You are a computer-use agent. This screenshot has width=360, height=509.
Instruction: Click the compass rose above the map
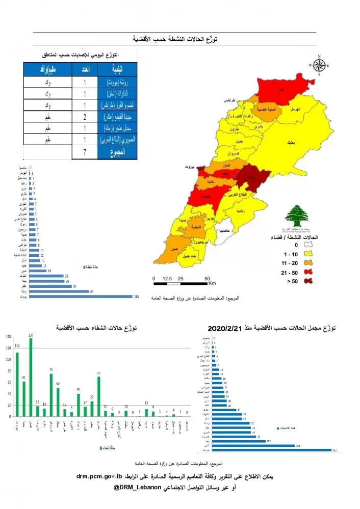(319, 65)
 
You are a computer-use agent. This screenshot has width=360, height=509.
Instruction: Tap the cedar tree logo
(296, 217)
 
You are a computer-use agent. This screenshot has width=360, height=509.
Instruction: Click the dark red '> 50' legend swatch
(308, 280)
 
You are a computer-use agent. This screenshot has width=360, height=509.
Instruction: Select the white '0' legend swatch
(308, 245)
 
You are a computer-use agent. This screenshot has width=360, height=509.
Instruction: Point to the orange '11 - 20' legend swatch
(308, 262)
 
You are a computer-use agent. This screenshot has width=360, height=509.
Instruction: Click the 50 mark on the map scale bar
(207, 279)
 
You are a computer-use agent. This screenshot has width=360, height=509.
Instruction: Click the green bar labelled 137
(31, 378)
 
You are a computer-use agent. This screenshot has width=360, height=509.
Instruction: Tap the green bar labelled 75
(51, 395)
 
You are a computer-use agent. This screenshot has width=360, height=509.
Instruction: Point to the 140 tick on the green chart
(8, 337)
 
